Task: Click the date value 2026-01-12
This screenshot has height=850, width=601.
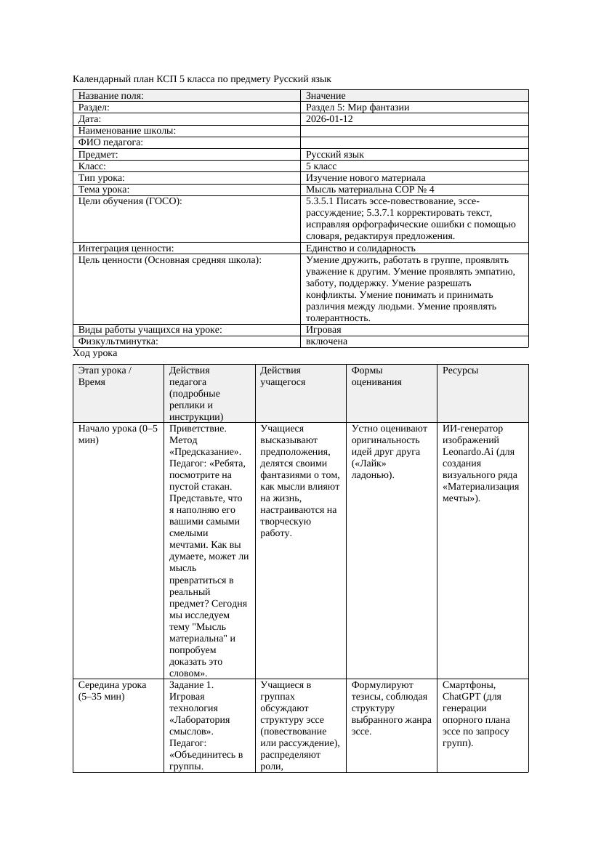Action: [x=329, y=119]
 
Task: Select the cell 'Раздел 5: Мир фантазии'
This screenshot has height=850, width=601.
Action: [x=357, y=108]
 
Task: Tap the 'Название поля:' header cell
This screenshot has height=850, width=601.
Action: [x=110, y=96]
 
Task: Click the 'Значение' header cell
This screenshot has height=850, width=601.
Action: [x=326, y=96]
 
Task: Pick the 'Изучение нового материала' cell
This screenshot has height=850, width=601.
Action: [x=366, y=178]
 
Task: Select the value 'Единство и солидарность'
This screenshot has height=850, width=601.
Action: [x=360, y=248]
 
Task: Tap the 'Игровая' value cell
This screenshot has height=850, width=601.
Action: [x=323, y=330]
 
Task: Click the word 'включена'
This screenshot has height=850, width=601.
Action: [x=326, y=341]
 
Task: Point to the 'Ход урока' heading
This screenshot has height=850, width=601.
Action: [x=95, y=353]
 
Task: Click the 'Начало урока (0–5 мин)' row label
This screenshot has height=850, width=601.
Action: [x=117, y=434]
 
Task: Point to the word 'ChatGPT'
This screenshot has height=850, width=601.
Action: [x=460, y=697]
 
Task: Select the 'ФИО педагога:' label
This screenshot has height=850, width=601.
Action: [x=110, y=143]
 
